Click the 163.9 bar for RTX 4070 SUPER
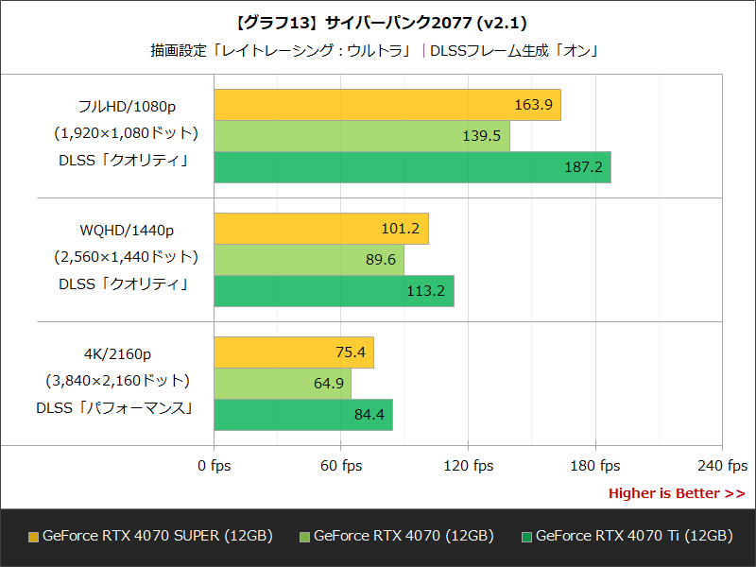pos(387,105)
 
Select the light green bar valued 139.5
pos(362,136)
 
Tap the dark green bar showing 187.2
pos(412,166)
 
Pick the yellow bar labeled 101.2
pos(321,229)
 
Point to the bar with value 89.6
pos(309,260)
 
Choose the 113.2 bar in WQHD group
pos(334,290)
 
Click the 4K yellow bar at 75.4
pos(294,352)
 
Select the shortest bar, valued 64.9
pos(283,384)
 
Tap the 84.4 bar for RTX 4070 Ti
pos(303,414)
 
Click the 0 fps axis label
pos(214,466)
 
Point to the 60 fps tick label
pos(340,466)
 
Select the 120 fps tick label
pos(468,466)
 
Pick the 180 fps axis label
pos(595,466)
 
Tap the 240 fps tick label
pos(722,466)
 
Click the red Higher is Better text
pos(676,493)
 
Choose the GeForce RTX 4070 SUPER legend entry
pos(151,536)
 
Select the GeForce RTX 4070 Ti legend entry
pos(627,536)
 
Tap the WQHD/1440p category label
pos(127,230)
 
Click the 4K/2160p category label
pos(117,354)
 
